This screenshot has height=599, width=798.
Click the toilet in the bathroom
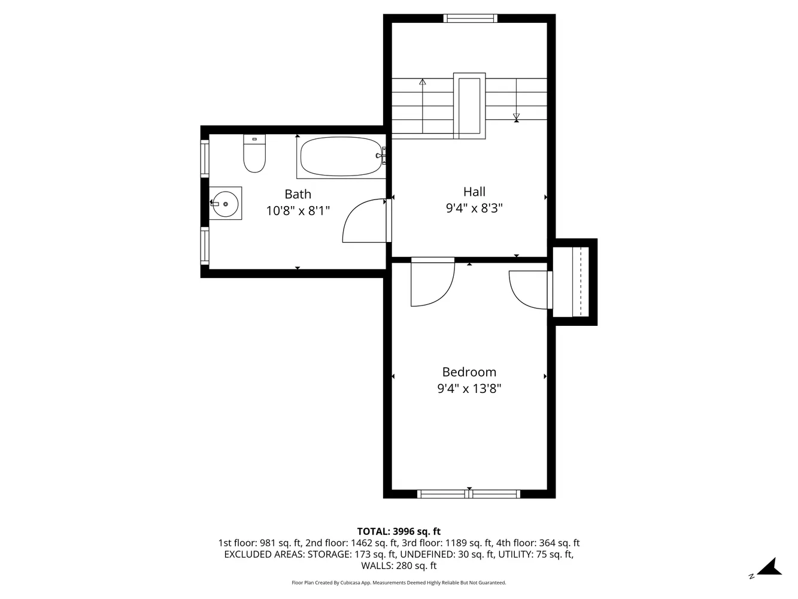click(x=254, y=155)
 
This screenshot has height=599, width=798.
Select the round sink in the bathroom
click(x=226, y=204)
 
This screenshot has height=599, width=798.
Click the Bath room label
click(x=298, y=194)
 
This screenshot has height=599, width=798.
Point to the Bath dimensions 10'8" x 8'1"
click(x=298, y=211)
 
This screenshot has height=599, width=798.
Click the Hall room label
click(x=474, y=192)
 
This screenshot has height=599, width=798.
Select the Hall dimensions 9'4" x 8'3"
click(x=474, y=208)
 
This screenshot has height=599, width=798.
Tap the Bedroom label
click(x=469, y=372)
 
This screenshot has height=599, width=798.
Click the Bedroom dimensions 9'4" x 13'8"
click(x=469, y=389)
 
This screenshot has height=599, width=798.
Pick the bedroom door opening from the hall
click(x=432, y=283)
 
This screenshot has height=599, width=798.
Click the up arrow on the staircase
click(x=423, y=83)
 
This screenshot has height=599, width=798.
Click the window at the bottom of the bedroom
click(x=469, y=494)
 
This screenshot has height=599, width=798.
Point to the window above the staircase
click(x=471, y=19)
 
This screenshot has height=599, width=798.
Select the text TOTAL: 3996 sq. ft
click(x=399, y=531)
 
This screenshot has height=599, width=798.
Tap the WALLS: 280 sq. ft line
click(x=399, y=565)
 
